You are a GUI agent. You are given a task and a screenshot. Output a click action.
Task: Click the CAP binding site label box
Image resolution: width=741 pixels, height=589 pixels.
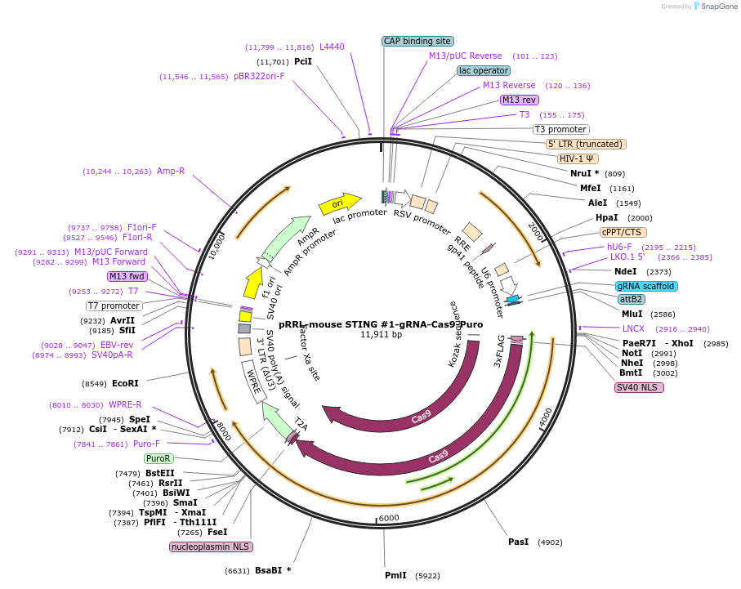click(x=417, y=41)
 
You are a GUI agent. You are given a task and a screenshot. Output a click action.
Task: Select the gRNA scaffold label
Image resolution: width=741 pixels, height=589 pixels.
click(x=646, y=286)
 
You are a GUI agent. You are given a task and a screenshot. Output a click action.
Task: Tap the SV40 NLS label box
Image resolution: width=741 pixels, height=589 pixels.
click(x=639, y=387)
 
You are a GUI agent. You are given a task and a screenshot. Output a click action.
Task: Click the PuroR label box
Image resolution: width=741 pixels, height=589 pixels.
click(x=158, y=458)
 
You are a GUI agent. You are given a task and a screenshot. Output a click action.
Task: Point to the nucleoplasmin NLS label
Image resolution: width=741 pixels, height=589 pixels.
click(x=212, y=547)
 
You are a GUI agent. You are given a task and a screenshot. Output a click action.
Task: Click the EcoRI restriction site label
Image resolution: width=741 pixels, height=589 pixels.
click(x=125, y=383)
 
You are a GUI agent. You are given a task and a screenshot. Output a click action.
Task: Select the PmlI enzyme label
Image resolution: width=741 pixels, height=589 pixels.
click(x=395, y=575)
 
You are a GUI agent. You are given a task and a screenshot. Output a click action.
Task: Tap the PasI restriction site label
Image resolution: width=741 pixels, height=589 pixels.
click(x=519, y=542)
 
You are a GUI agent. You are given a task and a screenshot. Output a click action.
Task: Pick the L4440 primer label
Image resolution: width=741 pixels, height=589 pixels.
click(x=332, y=47)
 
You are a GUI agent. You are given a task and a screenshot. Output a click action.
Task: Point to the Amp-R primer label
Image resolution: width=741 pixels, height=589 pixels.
click(x=171, y=172)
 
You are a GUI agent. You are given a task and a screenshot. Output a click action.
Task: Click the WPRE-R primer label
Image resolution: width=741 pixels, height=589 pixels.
click(x=125, y=404)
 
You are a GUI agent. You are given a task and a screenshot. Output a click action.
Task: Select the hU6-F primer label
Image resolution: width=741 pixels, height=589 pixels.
click(x=618, y=247)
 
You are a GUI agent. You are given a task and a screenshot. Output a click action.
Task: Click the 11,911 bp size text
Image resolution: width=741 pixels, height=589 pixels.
click(x=381, y=335)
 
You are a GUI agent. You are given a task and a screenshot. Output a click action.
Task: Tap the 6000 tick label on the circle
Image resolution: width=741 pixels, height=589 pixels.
click(x=389, y=518)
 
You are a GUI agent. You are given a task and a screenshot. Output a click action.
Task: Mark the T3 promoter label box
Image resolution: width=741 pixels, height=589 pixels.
click(x=560, y=129)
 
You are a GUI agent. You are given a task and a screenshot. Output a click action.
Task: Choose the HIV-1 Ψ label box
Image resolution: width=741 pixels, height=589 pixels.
click(x=578, y=158)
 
